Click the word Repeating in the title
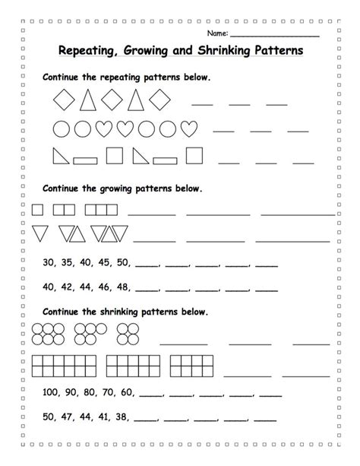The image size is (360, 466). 90,52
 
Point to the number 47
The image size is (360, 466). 67,417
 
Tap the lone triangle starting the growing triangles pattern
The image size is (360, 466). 39,233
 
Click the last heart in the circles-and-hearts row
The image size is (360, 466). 193,127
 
